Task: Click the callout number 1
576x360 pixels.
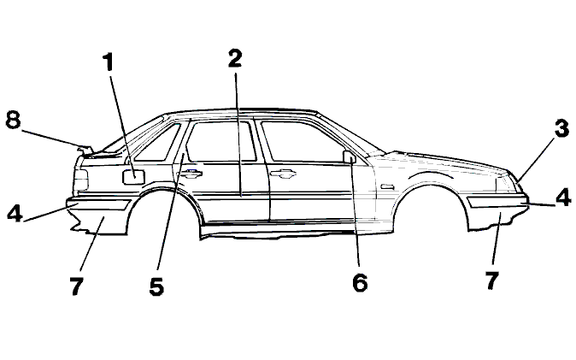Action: [108, 62]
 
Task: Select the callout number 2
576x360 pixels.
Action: [235, 58]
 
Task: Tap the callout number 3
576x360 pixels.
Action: [561, 129]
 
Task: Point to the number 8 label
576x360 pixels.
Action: [13, 120]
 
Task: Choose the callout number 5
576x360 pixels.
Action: [157, 286]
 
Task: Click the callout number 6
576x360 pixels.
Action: [360, 283]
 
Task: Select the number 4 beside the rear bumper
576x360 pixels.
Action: [15, 213]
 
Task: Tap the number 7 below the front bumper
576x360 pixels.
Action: [492, 280]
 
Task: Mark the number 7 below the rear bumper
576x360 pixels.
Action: [76, 286]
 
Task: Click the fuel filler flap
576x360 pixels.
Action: [133, 177]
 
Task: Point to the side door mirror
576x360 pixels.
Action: [350, 156]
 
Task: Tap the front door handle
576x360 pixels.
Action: [282, 174]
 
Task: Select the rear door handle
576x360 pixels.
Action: [190, 174]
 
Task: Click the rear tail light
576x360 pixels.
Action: [81, 180]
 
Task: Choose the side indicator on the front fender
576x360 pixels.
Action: [387, 186]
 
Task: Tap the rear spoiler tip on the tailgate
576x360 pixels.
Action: [85, 150]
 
